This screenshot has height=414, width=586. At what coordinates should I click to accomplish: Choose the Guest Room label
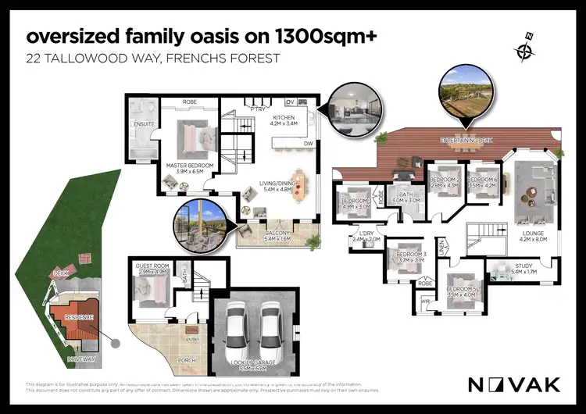click(x=151, y=269)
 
